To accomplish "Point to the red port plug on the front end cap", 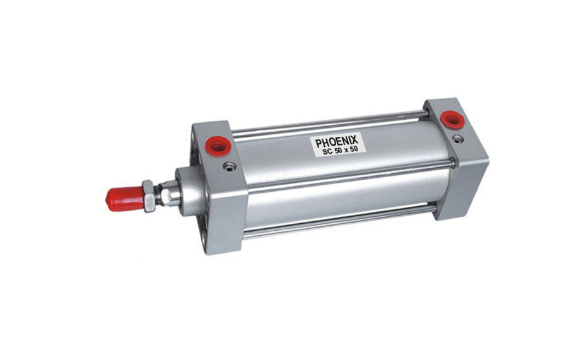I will [218, 146].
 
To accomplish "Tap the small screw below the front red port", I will [230, 166].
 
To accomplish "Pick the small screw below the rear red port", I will [459, 137].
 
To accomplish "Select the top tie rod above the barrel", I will [328, 124].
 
